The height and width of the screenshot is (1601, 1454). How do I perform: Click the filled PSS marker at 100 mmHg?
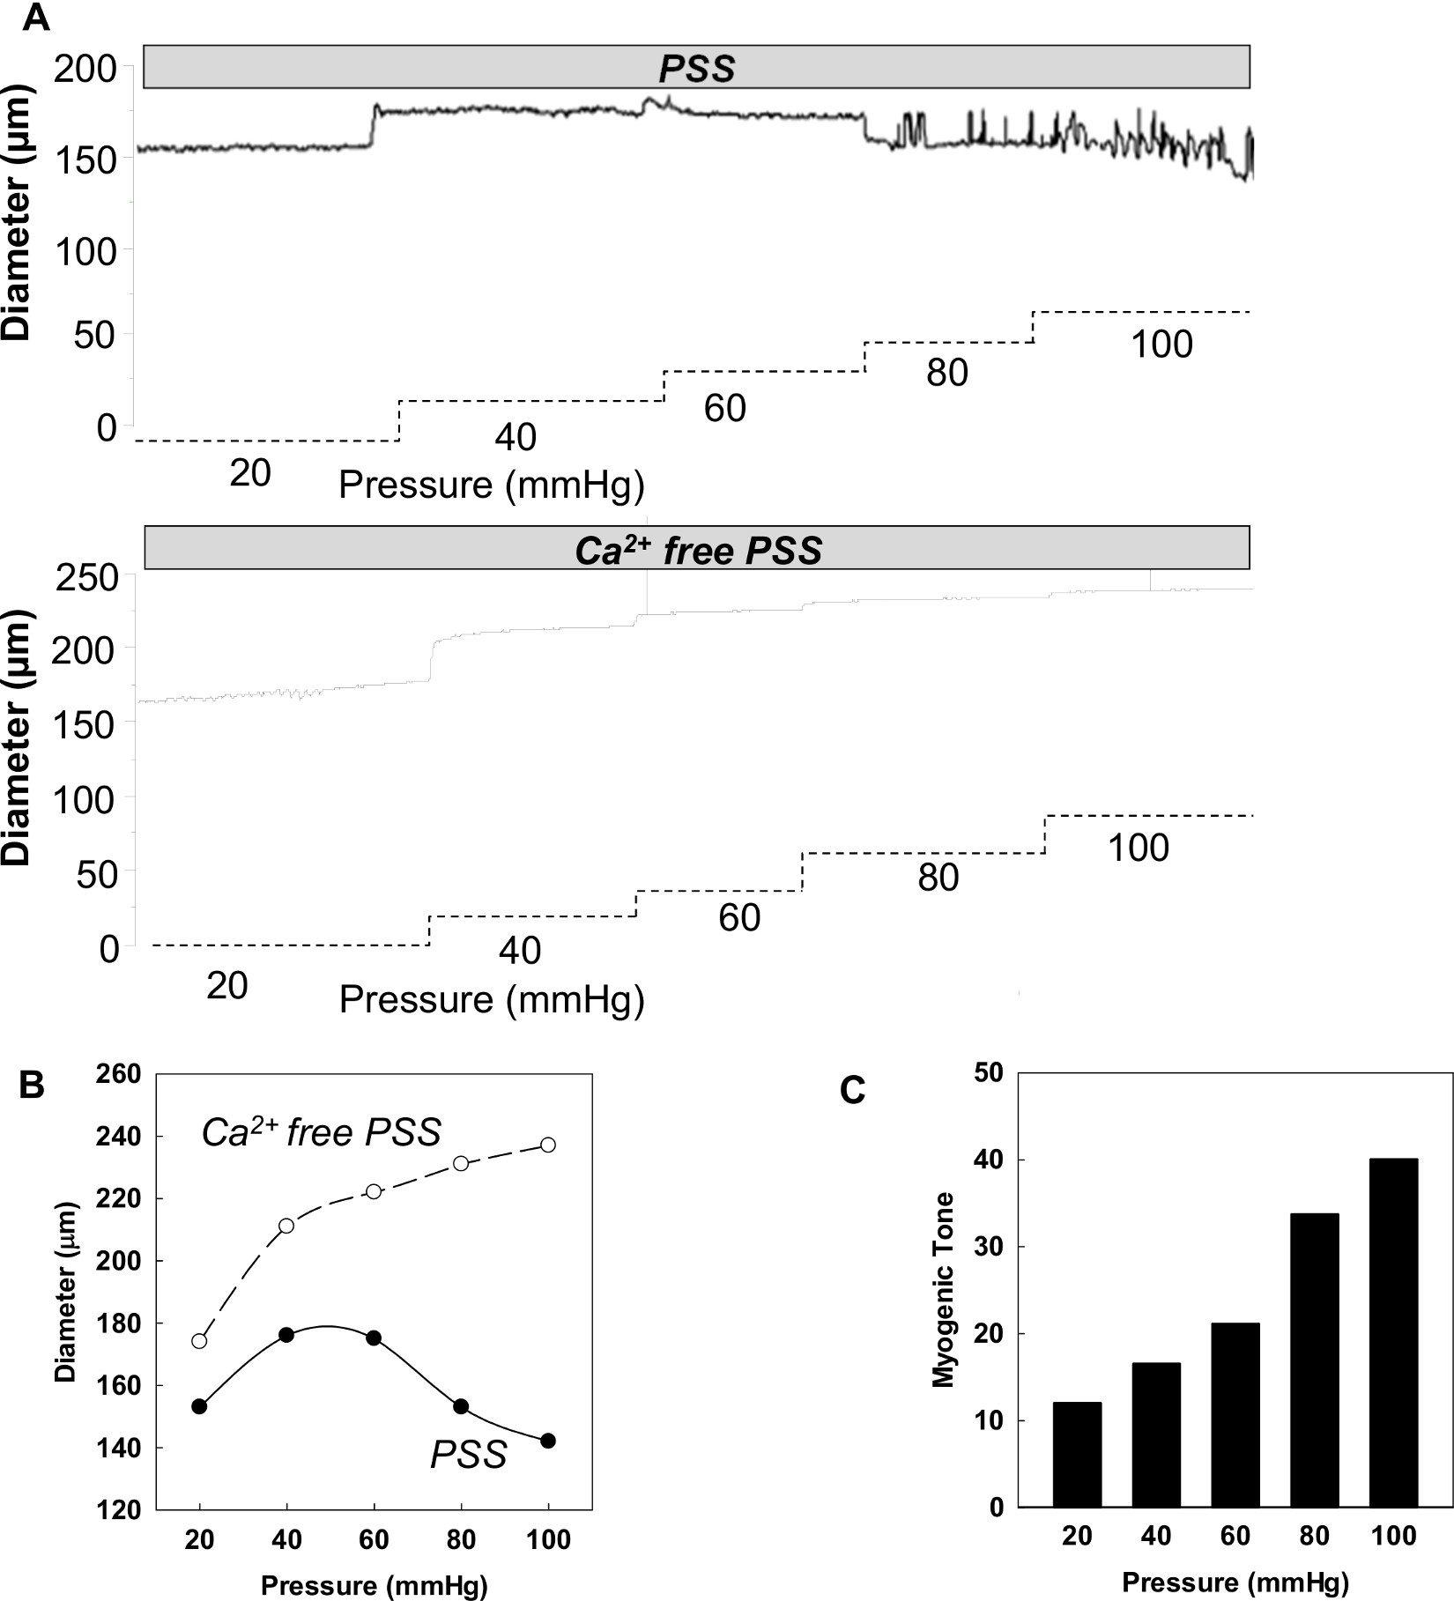pyautogui.click(x=548, y=1441)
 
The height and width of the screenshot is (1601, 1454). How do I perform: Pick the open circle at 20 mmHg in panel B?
pyautogui.click(x=199, y=1341)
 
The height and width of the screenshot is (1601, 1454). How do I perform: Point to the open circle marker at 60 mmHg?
pyautogui.click(x=374, y=1191)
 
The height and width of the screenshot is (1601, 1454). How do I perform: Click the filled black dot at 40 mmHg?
pyautogui.click(x=286, y=1335)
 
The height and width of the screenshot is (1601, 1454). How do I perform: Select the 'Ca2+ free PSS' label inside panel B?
pyautogui.click(x=321, y=1133)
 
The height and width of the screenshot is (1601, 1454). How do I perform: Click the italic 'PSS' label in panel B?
pyautogui.click(x=468, y=1456)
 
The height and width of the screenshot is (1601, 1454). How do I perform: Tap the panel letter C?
pyautogui.click(x=852, y=1092)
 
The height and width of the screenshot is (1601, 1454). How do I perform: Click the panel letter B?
pyautogui.click(x=32, y=1086)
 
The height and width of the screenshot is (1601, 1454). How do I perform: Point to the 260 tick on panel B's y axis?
pyautogui.click(x=122, y=1074)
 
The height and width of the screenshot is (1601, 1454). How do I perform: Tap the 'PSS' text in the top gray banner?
pyautogui.click(x=696, y=69)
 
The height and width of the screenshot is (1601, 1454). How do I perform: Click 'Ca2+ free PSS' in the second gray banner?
pyautogui.click(x=698, y=551)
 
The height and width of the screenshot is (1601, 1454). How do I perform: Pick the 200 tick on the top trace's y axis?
pyautogui.click(x=85, y=69)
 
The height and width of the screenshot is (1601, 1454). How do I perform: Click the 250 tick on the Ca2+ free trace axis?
pyautogui.click(x=85, y=579)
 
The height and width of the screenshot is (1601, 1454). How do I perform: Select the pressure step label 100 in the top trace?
pyautogui.click(x=1161, y=345)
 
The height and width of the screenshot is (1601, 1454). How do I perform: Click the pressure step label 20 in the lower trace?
pyautogui.click(x=226, y=986)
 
